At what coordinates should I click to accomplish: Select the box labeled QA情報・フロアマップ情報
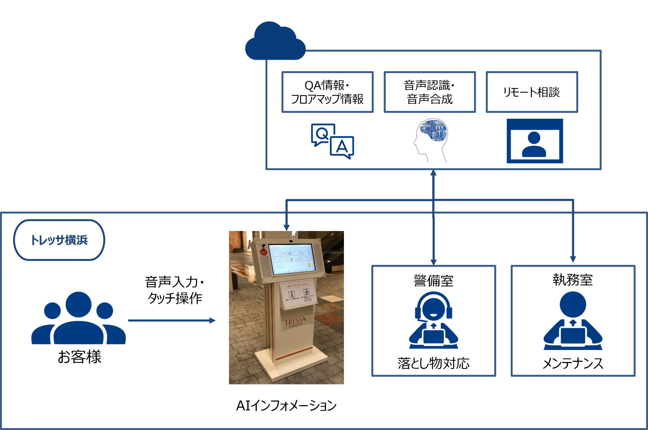click(327, 92)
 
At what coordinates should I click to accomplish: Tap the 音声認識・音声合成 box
click(430, 92)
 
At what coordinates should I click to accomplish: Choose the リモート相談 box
click(532, 92)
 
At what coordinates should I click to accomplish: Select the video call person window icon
click(535, 141)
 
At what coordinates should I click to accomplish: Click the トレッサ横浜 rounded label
click(59, 240)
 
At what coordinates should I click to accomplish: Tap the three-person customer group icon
click(78, 318)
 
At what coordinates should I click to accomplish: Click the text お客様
click(80, 357)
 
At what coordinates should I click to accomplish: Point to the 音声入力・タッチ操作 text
click(175, 290)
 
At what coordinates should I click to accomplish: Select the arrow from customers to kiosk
click(172, 320)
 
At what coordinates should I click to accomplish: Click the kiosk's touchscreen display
click(292, 258)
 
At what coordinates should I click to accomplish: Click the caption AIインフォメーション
click(286, 406)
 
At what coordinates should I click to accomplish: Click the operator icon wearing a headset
click(433, 320)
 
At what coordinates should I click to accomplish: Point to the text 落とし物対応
click(433, 363)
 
